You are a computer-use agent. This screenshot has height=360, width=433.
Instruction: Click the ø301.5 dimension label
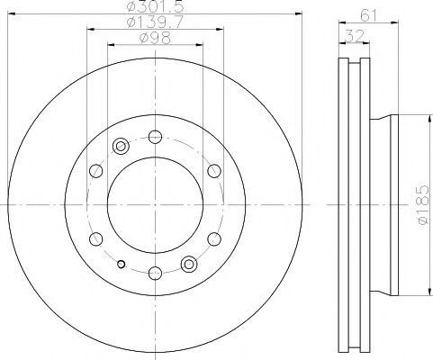pos(155,6)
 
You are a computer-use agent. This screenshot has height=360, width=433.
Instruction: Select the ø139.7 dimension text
pos(155,22)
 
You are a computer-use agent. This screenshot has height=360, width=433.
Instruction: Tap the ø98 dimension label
pos(155,38)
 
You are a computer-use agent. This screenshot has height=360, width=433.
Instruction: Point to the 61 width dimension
pos(368,15)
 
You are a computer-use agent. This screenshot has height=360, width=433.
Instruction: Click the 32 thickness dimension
pos(354,36)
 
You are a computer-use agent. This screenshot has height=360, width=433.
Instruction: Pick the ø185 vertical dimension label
pos(424,205)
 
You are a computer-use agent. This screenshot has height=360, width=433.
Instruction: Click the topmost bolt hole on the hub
pos(155,137)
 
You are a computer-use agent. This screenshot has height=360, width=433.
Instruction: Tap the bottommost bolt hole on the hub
pos(155,273)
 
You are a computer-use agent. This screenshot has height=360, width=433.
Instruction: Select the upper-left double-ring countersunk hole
pos(121,147)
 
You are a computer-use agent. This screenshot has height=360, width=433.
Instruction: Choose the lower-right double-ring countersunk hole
pos(189,265)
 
